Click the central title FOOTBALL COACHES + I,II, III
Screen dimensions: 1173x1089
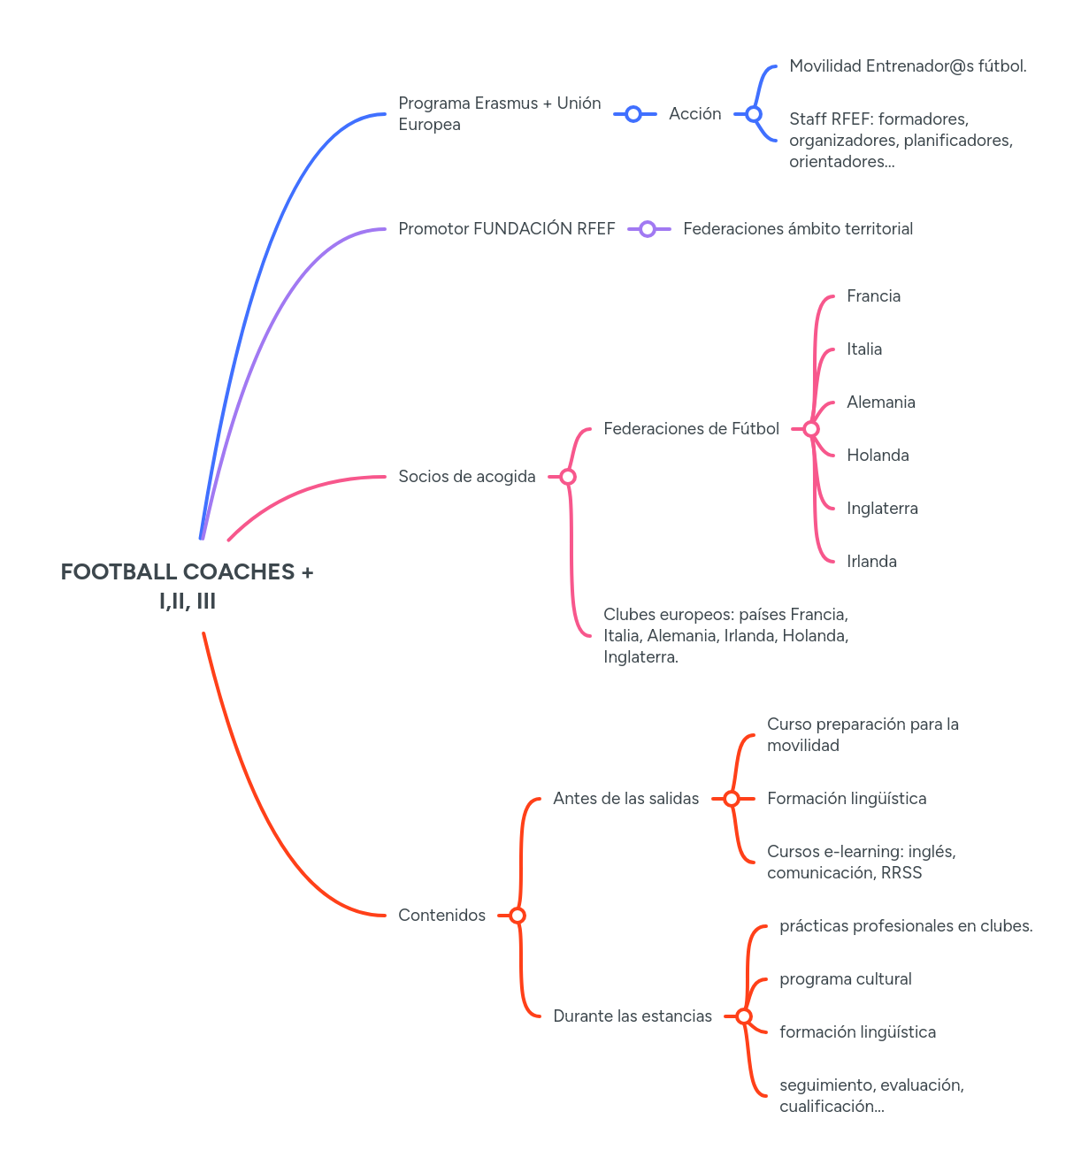click(187, 586)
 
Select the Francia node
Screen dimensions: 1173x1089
click(873, 296)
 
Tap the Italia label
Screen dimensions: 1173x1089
click(863, 349)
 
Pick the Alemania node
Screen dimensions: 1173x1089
click(880, 402)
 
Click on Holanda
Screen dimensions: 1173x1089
click(878, 456)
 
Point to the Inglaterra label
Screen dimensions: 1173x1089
click(882, 509)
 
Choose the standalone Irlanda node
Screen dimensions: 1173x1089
click(871, 562)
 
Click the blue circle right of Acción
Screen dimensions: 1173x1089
click(754, 114)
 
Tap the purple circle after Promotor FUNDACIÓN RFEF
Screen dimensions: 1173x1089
click(648, 229)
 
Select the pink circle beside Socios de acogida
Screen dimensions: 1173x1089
click(568, 477)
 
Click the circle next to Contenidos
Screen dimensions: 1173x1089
click(518, 916)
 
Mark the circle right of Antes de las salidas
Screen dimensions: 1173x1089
click(732, 799)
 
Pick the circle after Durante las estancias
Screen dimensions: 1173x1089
click(744, 1016)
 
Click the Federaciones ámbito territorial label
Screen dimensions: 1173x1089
click(798, 229)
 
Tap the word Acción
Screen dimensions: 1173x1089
click(694, 114)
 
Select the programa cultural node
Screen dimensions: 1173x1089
click(845, 979)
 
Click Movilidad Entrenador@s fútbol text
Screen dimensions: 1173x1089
click(908, 66)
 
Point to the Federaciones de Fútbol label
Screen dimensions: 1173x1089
click(691, 429)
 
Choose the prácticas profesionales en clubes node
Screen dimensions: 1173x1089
click(906, 926)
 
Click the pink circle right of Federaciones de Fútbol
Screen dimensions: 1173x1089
click(811, 429)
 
